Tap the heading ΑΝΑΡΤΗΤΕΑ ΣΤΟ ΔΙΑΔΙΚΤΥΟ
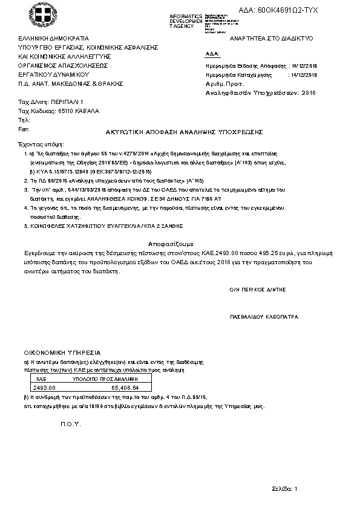click(x=267, y=38)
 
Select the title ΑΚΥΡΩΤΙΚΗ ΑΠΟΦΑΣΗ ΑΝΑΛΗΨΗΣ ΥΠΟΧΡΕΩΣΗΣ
click(x=180, y=131)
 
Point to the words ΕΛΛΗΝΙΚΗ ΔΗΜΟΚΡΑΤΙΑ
click(x=53, y=37)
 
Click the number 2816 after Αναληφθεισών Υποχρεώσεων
click(x=309, y=93)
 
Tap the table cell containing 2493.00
click(x=44, y=387)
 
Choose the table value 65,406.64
click(x=125, y=387)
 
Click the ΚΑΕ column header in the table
click(x=42, y=377)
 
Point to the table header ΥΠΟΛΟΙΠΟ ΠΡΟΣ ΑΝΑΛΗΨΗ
click(x=101, y=377)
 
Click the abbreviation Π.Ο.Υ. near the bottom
click(x=70, y=424)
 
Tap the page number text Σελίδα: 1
click(x=285, y=487)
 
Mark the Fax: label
click(x=24, y=129)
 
